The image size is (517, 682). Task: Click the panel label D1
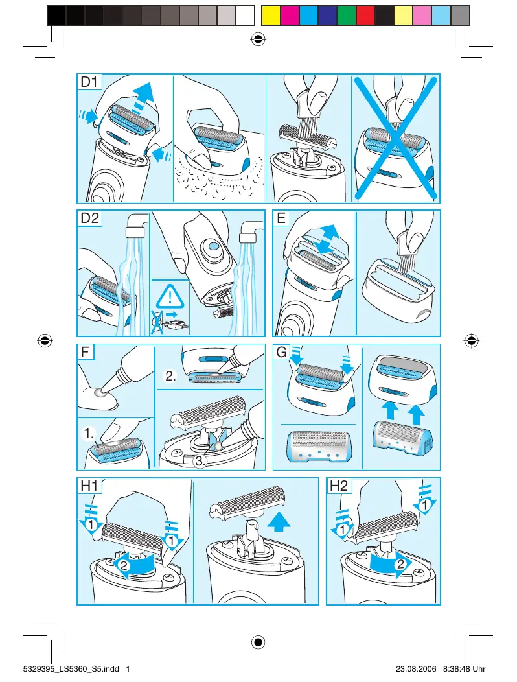click(89, 82)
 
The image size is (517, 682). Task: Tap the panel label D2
click(90, 218)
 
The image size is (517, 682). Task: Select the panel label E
click(281, 218)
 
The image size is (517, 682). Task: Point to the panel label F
click(86, 351)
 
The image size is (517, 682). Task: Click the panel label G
click(282, 351)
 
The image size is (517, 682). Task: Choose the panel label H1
click(89, 486)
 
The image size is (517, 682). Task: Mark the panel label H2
click(339, 486)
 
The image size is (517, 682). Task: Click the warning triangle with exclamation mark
click(170, 297)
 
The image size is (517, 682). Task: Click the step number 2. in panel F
click(170, 376)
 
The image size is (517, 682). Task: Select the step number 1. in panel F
click(89, 433)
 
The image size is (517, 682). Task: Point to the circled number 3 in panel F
click(200, 462)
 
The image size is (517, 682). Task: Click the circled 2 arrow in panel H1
click(134, 565)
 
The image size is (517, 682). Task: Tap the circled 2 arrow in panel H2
click(390, 565)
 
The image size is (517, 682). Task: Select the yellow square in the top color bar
click(270, 16)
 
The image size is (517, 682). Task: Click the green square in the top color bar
click(347, 16)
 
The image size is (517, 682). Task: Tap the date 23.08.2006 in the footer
click(416, 669)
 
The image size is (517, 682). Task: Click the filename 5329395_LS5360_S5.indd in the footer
click(71, 669)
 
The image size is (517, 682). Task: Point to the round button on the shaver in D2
click(213, 246)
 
